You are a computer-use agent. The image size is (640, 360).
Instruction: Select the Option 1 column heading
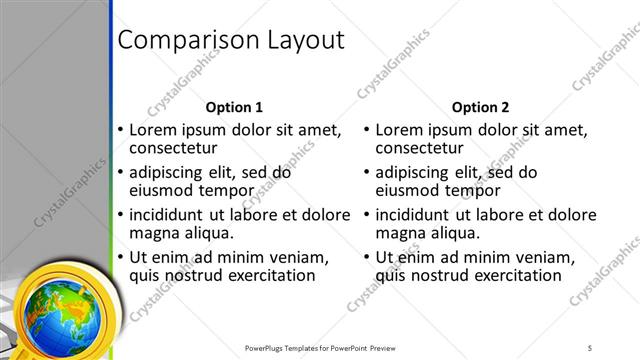pyautogui.click(x=234, y=107)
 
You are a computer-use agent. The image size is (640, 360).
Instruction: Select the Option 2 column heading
pyautogui.click(x=480, y=107)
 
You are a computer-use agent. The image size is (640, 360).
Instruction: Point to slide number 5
pyautogui.click(x=590, y=347)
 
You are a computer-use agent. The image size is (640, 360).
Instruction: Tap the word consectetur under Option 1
pyautogui.click(x=178, y=148)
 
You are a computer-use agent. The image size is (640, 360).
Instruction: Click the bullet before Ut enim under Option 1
pyautogui.click(x=121, y=256)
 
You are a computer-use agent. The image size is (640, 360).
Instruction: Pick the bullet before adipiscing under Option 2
pyautogui.click(x=367, y=172)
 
